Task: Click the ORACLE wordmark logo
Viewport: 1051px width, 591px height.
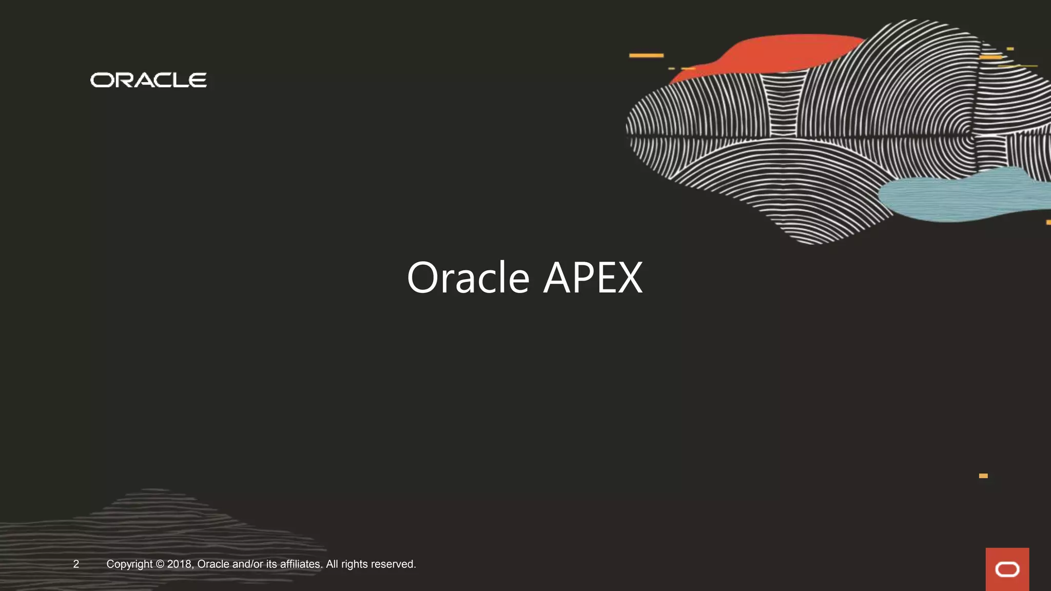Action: tap(148, 80)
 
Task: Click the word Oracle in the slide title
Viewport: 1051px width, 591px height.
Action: tap(468, 278)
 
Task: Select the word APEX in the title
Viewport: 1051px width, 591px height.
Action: tap(593, 278)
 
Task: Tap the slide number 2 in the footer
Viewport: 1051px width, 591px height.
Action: tap(76, 564)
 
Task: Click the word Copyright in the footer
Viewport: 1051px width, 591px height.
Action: tap(129, 564)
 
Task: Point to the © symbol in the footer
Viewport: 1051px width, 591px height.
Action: tap(160, 564)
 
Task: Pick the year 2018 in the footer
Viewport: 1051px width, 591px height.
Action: tap(179, 564)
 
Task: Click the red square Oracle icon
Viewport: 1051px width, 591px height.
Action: tap(1007, 569)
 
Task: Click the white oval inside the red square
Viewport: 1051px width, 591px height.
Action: tap(1007, 569)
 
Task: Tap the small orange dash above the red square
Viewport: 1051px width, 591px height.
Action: tap(983, 476)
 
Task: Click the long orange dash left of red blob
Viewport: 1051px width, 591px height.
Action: tap(646, 55)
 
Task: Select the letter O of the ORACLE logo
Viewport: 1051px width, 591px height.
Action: tap(102, 81)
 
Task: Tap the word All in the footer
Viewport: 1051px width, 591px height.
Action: tap(332, 564)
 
